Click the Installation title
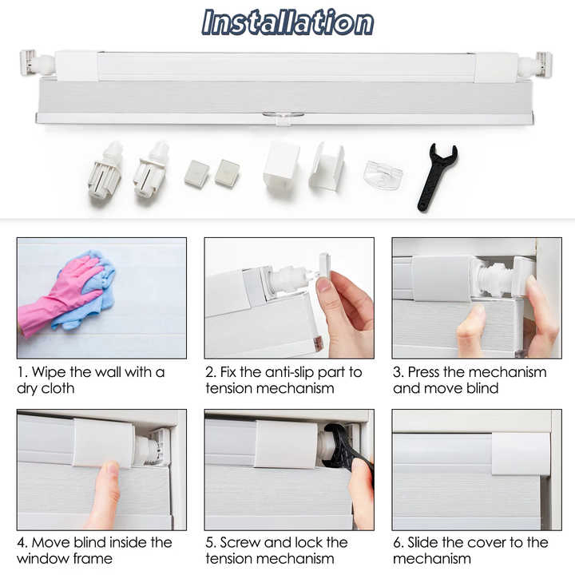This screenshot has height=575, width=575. click(x=287, y=22)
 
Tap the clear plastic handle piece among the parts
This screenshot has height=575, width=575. click(x=383, y=175)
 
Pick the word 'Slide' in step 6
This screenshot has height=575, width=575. click(x=426, y=542)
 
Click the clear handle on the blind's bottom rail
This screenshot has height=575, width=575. click(x=284, y=117)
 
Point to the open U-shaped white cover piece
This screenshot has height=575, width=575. click(x=327, y=166)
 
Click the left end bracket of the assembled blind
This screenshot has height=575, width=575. click(x=30, y=62)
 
